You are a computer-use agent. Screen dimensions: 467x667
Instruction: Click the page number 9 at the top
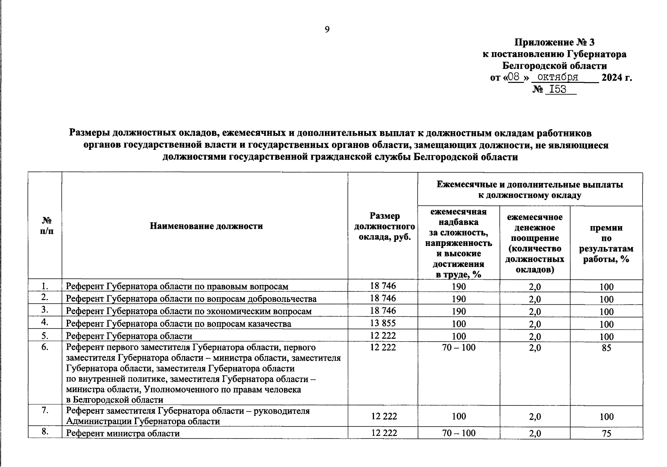327,30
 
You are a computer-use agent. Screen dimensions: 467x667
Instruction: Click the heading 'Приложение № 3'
555,42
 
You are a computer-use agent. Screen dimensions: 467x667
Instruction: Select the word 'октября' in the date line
558,77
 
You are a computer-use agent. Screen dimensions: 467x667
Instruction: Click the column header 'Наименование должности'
206,226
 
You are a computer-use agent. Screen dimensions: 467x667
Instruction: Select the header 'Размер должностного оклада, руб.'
384,226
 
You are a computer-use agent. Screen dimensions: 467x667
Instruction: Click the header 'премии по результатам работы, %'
606,243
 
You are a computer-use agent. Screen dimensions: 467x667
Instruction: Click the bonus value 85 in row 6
606,348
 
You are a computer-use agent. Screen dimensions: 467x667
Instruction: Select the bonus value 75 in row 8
606,433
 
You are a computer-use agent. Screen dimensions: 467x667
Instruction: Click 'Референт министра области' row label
123,433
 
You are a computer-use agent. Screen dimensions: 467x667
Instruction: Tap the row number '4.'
45,322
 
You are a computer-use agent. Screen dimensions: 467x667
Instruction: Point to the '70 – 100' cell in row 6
459,348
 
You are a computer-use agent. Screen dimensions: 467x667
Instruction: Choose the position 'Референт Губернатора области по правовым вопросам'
177,287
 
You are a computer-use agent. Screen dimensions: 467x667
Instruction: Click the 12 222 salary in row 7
384,416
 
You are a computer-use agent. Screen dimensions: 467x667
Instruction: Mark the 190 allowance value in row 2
459,299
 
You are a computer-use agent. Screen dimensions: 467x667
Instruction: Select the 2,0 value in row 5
535,336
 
